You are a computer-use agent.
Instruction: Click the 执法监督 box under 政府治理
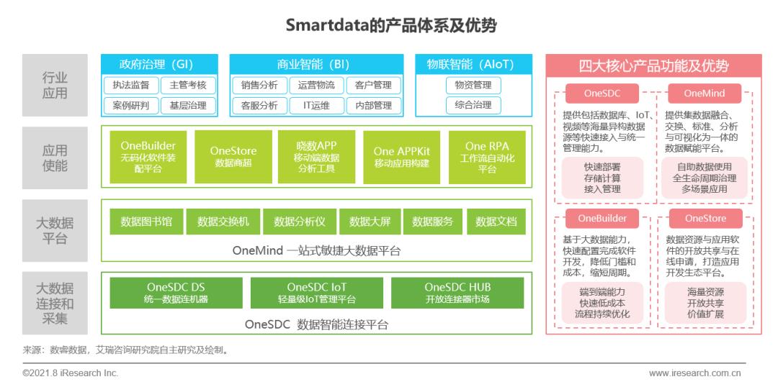click(x=131, y=85)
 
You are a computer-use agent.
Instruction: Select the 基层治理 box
click(x=188, y=106)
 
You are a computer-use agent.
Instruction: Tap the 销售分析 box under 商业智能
click(x=259, y=85)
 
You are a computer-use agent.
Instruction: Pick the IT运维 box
click(x=316, y=106)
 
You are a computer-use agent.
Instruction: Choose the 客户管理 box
click(x=373, y=85)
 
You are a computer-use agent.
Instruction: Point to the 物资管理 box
click(x=473, y=85)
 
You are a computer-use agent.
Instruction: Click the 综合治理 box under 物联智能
click(x=473, y=106)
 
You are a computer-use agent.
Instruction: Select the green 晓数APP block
click(x=316, y=157)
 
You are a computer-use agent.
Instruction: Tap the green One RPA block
click(x=487, y=157)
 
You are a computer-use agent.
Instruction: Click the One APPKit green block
click(x=402, y=157)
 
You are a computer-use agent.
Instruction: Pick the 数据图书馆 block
click(x=146, y=222)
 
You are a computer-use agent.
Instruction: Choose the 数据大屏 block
click(x=370, y=222)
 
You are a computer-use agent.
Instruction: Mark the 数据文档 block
click(x=496, y=222)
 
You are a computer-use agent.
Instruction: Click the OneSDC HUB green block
click(x=457, y=293)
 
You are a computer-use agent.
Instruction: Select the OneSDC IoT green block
click(x=316, y=293)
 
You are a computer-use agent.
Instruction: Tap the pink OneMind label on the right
click(x=705, y=94)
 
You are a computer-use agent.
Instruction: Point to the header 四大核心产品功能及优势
click(x=654, y=66)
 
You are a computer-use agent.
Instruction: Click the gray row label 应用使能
click(x=55, y=158)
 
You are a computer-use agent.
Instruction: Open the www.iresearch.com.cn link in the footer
click(x=694, y=373)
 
